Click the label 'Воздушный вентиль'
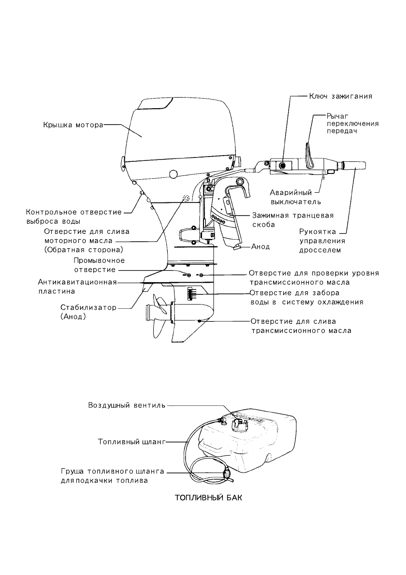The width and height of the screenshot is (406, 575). [x=127, y=405]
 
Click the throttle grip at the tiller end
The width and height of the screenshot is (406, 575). [x=354, y=166]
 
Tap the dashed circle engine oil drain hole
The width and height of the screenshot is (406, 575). [x=186, y=199]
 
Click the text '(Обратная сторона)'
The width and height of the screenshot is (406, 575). [x=84, y=250]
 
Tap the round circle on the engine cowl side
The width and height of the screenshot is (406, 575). [x=173, y=174]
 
